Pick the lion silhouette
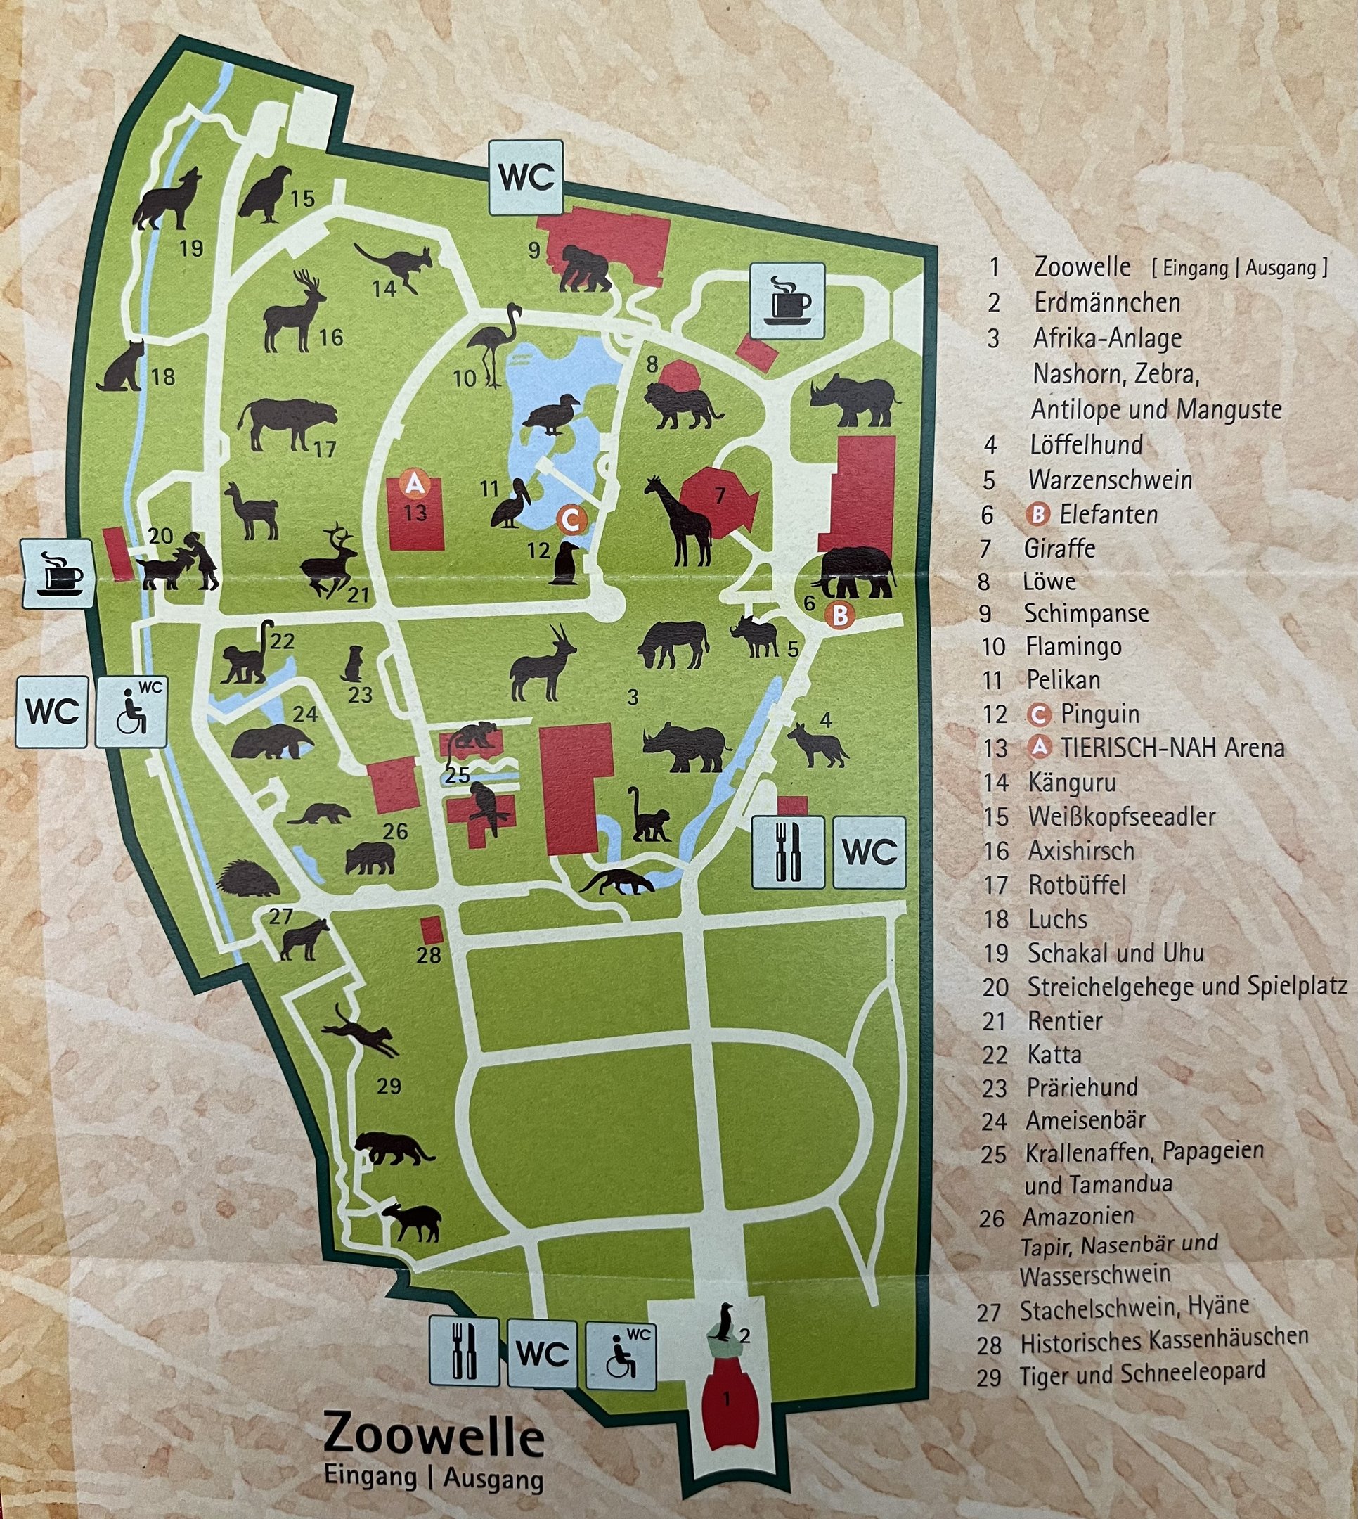[x=680, y=405]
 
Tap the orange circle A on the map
[x=414, y=484]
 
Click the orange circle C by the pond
[x=571, y=520]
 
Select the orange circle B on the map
[x=840, y=615]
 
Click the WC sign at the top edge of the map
[x=526, y=178]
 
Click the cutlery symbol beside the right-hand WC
[x=788, y=852]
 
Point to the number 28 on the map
[x=429, y=956]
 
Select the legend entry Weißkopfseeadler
[x=1121, y=816]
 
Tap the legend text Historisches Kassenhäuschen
[x=1164, y=1339]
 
